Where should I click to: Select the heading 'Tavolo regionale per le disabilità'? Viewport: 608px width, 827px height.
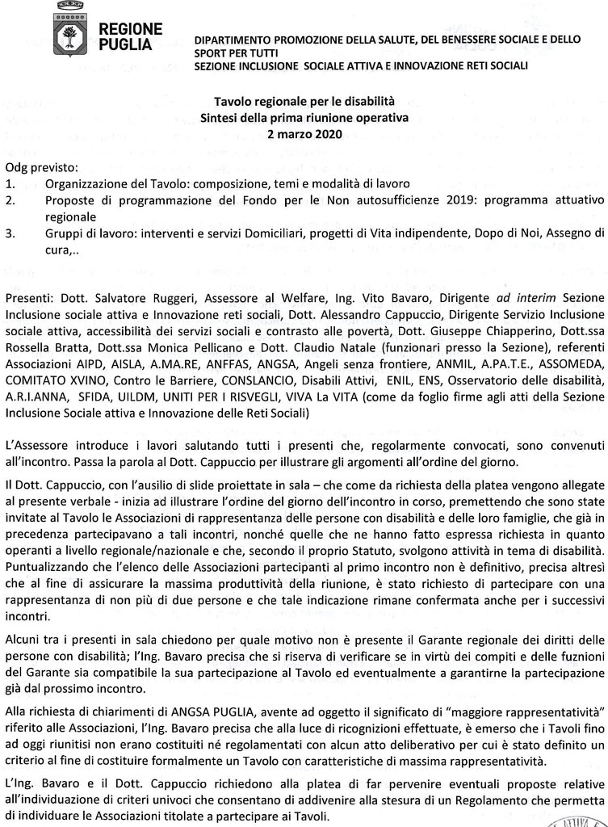point(304,103)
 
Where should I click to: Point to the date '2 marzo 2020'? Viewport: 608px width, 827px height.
point(304,133)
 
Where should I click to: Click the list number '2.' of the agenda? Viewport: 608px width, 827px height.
point(10,200)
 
